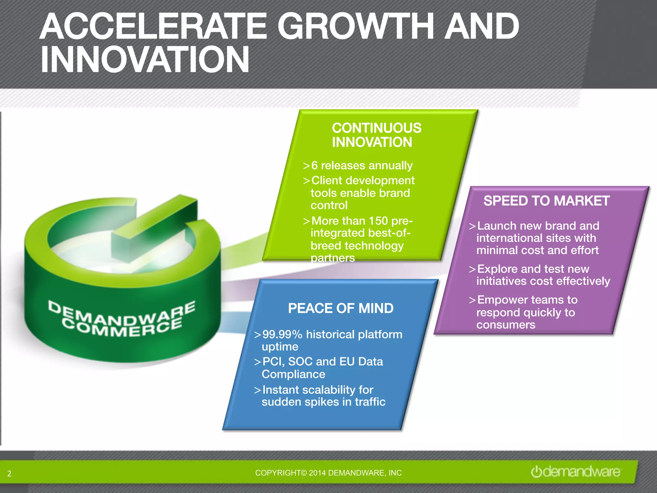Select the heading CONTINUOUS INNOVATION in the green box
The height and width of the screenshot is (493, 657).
(376, 135)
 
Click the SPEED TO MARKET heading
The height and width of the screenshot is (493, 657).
(546, 201)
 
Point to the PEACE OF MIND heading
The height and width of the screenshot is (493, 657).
(341, 308)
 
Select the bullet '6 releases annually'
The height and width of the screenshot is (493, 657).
(362, 166)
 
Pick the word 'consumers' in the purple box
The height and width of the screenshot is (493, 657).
(506, 325)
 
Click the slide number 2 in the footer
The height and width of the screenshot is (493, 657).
(9, 473)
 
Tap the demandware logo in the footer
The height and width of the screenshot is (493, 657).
(576, 472)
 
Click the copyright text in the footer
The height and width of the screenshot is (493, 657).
(328, 473)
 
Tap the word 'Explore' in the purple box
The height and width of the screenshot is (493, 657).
(497, 269)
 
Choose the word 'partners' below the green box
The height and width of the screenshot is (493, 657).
(333, 258)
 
